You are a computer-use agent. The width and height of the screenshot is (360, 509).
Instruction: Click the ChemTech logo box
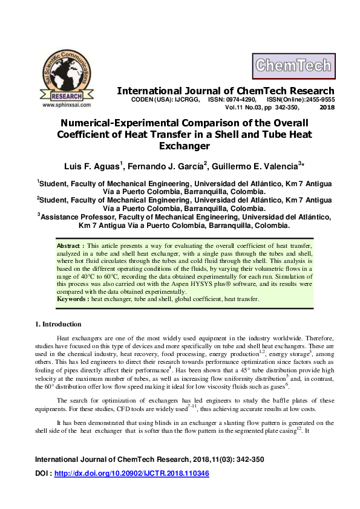[x=293, y=65]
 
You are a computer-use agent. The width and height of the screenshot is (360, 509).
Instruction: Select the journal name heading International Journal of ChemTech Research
[x=225, y=91]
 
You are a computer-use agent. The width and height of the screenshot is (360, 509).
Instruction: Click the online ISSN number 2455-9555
[x=317, y=99]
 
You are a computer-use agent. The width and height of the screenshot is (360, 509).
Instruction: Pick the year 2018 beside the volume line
[x=326, y=107]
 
